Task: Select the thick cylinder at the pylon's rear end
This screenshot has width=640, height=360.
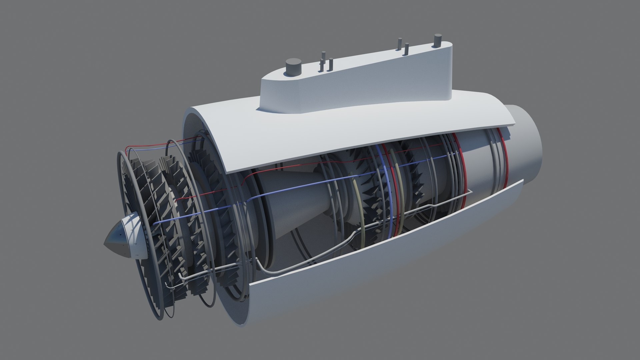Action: [x=437, y=41]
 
